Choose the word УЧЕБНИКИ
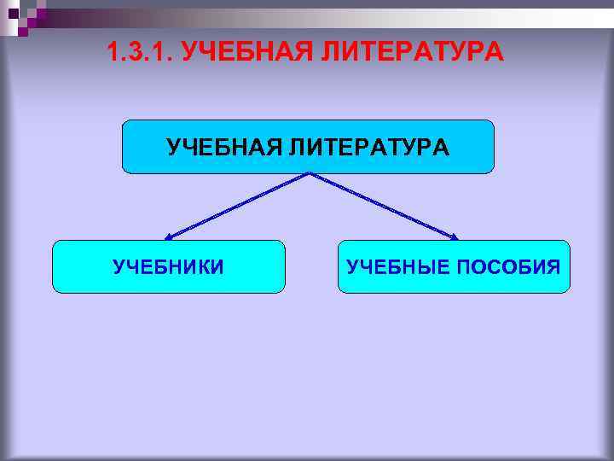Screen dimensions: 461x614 tap(169, 267)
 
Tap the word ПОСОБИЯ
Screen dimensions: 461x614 tap(508, 267)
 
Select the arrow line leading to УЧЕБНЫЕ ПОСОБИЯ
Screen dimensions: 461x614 tap(384, 205)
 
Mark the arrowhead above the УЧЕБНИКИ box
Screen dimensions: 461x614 tap(169, 236)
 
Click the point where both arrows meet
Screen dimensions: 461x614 tap(309, 174)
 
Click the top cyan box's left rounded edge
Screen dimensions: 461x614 tap(124, 147)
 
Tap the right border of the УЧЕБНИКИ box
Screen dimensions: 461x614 tap(284, 267)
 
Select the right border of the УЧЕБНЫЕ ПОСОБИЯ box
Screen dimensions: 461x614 tap(569, 267)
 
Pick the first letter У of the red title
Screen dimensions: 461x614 tap(190, 53)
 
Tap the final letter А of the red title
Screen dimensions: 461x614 tap(495, 53)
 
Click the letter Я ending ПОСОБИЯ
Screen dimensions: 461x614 tap(553, 267)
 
